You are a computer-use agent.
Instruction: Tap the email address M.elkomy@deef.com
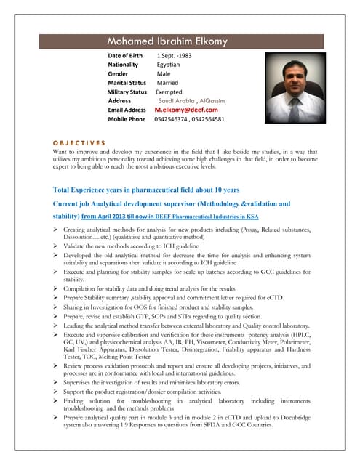[x=186, y=109]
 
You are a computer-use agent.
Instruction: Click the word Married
[x=172, y=83]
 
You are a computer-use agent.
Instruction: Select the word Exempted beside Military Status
[x=169, y=92]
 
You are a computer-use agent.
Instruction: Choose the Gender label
[x=118, y=73]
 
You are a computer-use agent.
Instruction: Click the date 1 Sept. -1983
[x=174, y=55]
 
